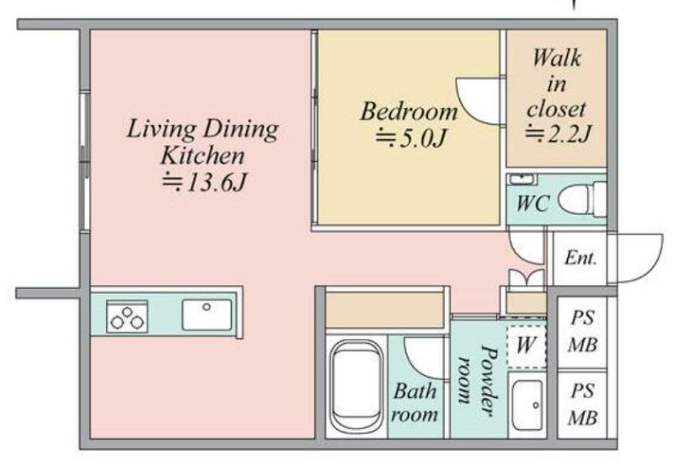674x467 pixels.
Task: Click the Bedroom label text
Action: pyautogui.click(x=409, y=111)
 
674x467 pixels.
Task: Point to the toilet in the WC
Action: pyautogui.click(x=582, y=199)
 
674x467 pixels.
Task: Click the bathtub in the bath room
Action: pyautogui.click(x=356, y=387)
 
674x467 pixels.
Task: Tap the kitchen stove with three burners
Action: pyautogui.click(x=127, y=316)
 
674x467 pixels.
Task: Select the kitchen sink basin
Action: pyautogui.click(x=206, y=314)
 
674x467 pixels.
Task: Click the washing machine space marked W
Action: pyautogui.click(x=526, y=346)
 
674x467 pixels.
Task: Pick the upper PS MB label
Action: pyautogui.click(x=582, y=331)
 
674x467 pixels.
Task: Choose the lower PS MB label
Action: pyautogui.click(x=582, y=405)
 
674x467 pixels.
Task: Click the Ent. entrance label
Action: pyautogui.click(x=580, y=258)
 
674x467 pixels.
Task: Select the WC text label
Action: pyautogui.click(x=532, y=203)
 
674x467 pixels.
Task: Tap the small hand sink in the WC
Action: pyautogui.click(x=522, y=178)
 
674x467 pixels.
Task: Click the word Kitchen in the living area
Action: pyautogui.click(x=202, y=156)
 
